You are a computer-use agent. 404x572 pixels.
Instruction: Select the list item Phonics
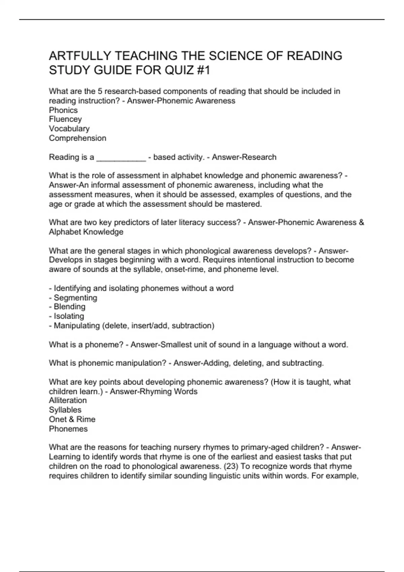(63, 110)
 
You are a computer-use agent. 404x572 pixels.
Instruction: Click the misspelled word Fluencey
(65, 119)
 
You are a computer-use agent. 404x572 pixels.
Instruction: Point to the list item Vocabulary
(69, 129)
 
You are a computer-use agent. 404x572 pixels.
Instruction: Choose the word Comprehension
(77, 138)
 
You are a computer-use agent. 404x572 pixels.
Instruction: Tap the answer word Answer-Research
(244, 157)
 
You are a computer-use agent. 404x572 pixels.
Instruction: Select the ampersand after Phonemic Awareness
(362, 222)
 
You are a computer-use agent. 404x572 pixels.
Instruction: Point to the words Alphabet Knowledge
(86, 232)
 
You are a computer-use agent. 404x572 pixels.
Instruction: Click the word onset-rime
(185, 269)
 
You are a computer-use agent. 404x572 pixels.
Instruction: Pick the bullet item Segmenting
(75, 297)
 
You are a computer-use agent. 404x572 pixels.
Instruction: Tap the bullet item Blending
(69, 307)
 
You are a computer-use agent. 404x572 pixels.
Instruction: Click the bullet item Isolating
(69, 316)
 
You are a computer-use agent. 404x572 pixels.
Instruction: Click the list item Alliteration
(68, 400)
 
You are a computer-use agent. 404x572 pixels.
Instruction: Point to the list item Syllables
(65, 410)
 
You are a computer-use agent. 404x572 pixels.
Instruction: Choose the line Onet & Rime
(72, 419)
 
